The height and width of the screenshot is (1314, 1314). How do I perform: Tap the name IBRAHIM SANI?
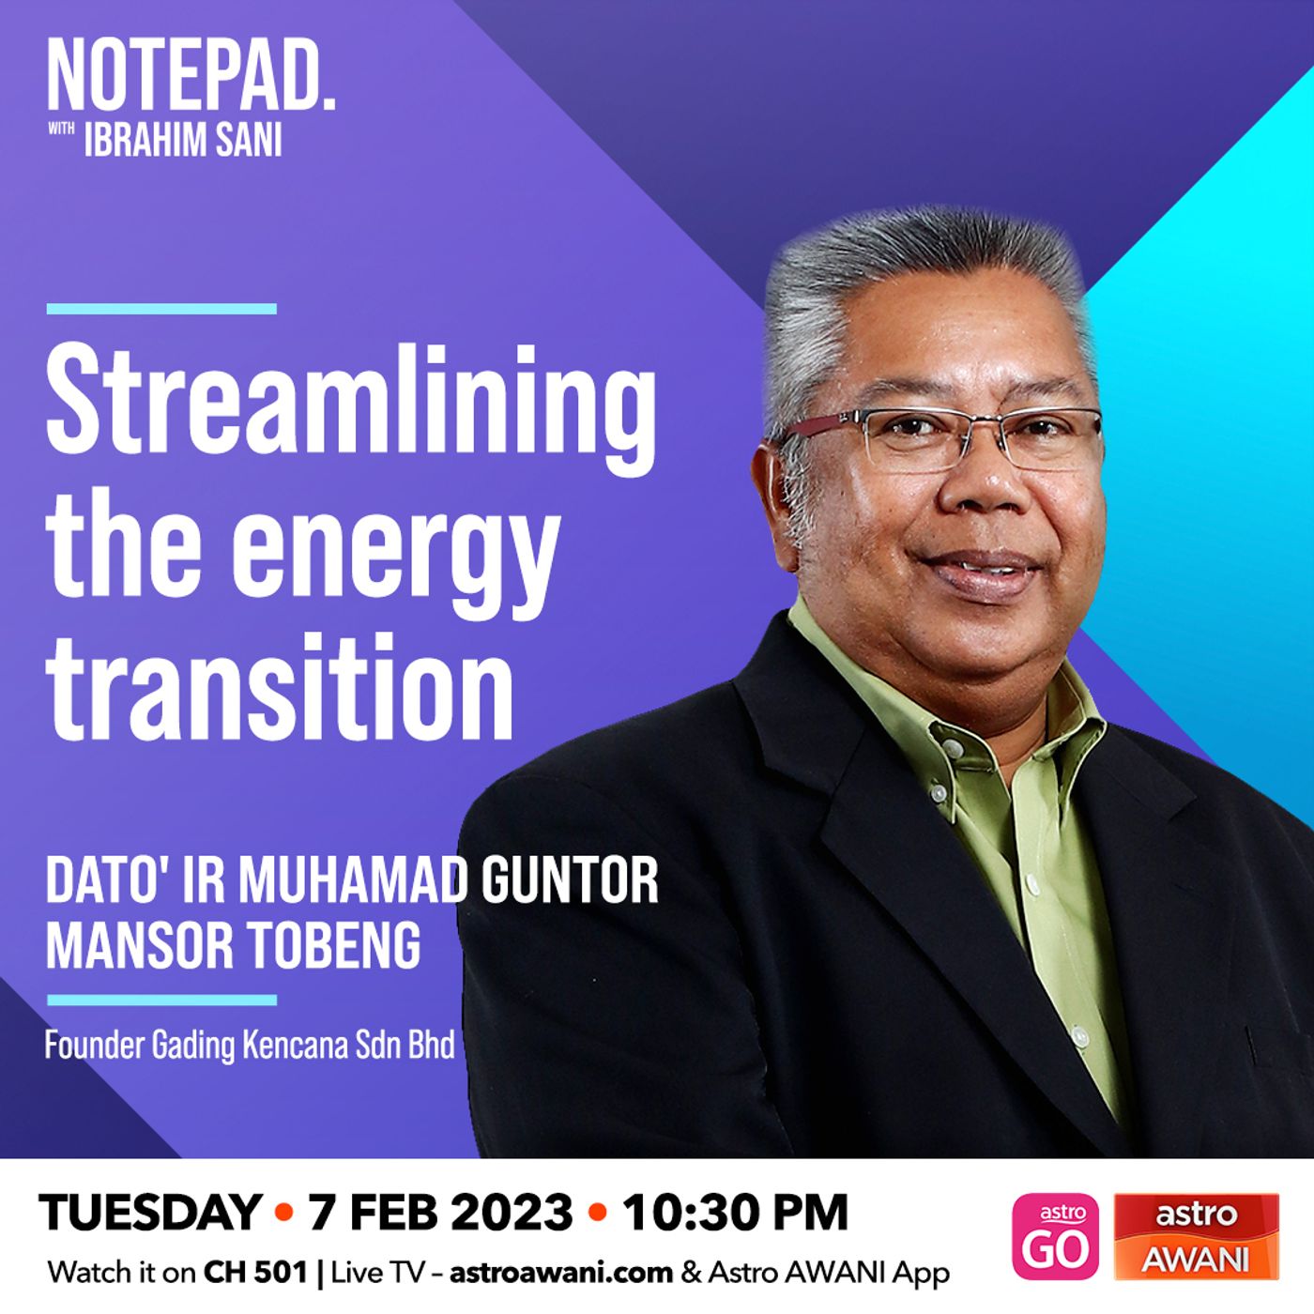183,141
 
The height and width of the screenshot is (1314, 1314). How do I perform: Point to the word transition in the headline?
280,687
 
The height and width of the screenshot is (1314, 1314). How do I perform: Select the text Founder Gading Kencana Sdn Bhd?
250,1046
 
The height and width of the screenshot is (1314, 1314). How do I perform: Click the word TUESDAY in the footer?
151,1213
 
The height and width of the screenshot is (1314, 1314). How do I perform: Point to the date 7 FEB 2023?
440,1213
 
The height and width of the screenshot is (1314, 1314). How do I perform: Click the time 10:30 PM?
735,1213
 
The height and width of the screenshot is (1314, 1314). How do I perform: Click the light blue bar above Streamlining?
161,309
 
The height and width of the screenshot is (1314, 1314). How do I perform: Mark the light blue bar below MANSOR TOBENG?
161,1001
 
